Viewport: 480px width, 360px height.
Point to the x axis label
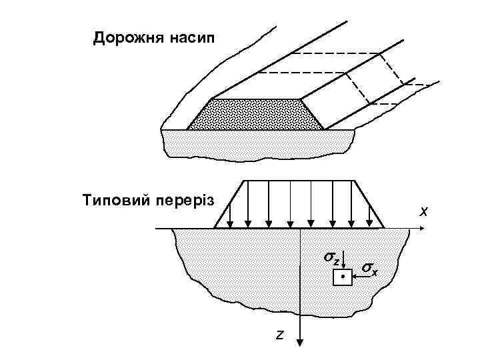point(423,211)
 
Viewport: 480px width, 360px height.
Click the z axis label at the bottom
point(280,335)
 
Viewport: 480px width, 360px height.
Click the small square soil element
point(341,275)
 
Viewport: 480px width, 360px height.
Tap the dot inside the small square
point(341,275)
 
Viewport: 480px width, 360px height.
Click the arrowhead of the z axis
point(301,341)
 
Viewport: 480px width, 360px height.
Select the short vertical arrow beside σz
point(343,261)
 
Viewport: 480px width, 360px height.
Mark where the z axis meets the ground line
point(301,229)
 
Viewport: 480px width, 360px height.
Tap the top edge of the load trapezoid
point(299,179)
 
